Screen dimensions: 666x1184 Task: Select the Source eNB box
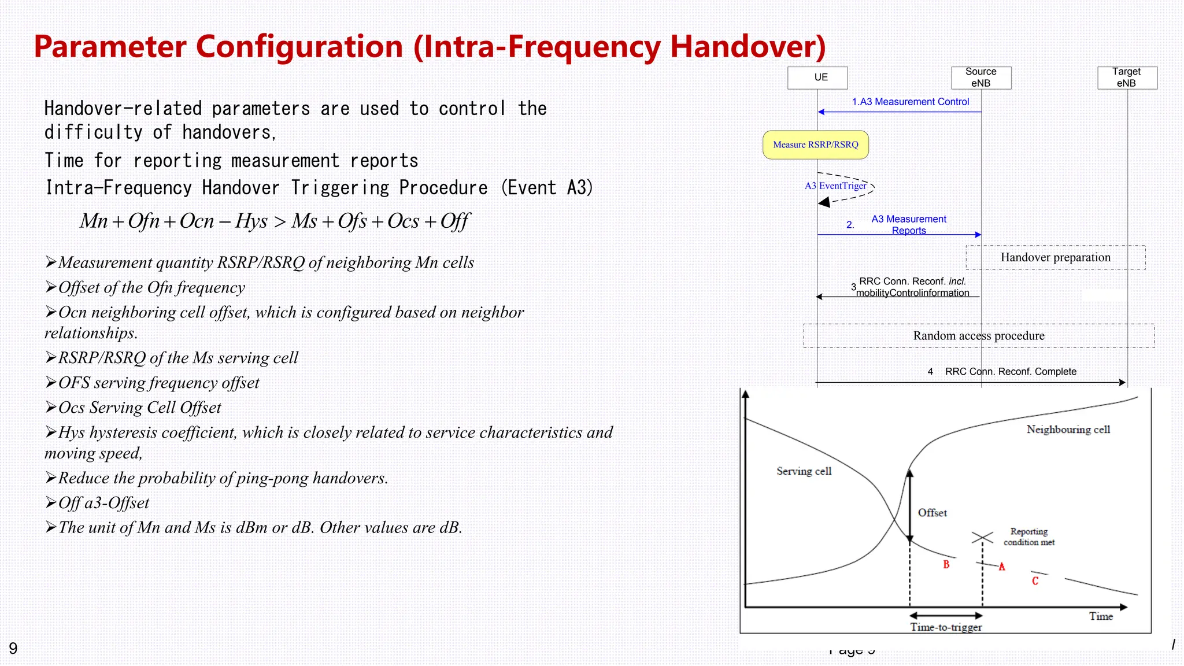pyautogui.click(x=981, y=77)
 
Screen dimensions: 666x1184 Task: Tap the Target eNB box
pyautogui.click(x=1127, y=77)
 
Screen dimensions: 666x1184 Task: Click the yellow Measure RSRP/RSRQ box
pyautogui.click(x=815, y=145)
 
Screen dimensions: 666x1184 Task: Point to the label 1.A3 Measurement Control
pyautogui.click(x=910, y=102)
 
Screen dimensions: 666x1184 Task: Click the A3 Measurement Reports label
pyautogui.click(x=908, y=225)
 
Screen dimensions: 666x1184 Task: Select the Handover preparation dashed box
pyautogui.click(x=1055, y=257)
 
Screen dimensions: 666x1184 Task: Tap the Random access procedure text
pyautogui.click(x=978, y=336)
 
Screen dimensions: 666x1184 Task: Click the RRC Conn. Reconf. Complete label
pyautogui.click(x=1011, y=372)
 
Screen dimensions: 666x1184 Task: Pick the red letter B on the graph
pyautogui.click(x=946, y=565)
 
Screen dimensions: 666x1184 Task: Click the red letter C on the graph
pyautogui.click(x=1035, y=581)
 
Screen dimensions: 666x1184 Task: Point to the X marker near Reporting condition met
pyautogui.click(x=982, y=538)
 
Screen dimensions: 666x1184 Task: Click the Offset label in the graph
pyautogui.click(x=932, y=513)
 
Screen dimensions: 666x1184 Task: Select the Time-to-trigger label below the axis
pyautogui.click(x=946, y=627)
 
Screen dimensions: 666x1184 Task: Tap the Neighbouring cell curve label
pyautogui.click(x=1068, y=430)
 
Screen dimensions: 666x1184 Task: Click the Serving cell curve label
pyautogui.click(x=804, y=471)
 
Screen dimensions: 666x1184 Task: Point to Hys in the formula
pyautogui.click(x=251, y=221)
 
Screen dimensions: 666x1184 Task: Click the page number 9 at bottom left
pyautogui.click(x=13, y=648)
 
